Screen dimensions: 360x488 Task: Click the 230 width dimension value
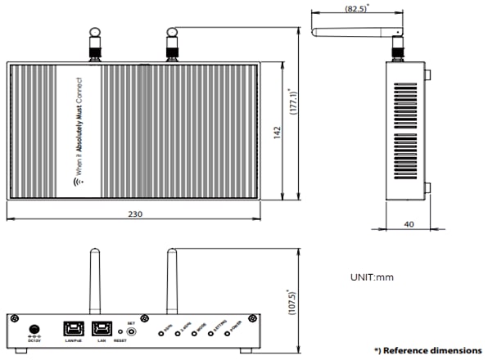(135, 214)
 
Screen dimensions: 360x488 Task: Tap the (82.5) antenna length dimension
(355, 7)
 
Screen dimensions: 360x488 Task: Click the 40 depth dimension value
(407, 223)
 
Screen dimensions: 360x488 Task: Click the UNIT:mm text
(373, 277)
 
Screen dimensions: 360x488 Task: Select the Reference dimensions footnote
(427, 349)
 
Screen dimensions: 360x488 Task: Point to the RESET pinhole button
(120, 331)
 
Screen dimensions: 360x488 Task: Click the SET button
(131, 331)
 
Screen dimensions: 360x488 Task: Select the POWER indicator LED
(231, 335)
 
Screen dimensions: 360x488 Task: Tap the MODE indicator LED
(195, 335)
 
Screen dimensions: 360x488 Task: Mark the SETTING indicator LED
(212, 335)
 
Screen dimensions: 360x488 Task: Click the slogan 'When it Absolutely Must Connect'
(79, 131)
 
